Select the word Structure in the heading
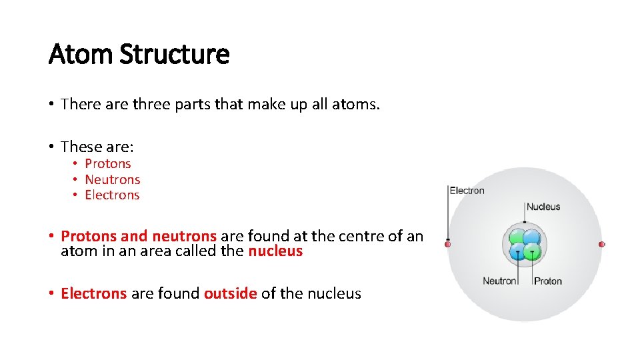click(174, 54)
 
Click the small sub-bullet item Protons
click(108, 163)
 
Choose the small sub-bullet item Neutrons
click(113, 179)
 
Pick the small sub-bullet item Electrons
click(112, 195)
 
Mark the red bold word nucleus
click(275, 251)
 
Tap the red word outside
click(230, 293)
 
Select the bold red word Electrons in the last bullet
click(93, 293)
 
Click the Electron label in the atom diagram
click(467, 191)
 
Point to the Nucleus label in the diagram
click(543, 207)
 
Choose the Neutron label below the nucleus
click(499, 281)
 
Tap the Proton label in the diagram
click(548, 281)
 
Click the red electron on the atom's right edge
click(601, 245)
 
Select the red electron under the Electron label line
click(448, 244)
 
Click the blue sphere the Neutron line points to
click(517, 252)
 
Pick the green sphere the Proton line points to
click(531, 251)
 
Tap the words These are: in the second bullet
click(97, 147)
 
